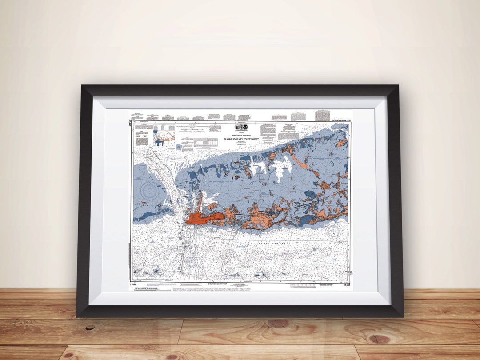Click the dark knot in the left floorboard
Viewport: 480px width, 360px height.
(91, 328)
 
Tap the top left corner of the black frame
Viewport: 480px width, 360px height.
(83, 87)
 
